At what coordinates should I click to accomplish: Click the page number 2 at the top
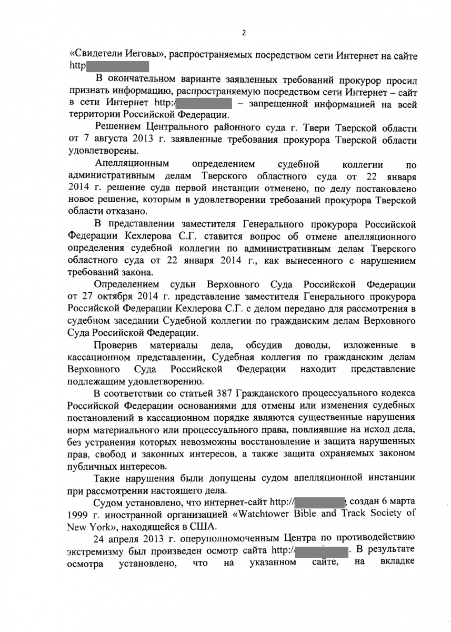point(244,33)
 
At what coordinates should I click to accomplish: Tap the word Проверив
point(116,345)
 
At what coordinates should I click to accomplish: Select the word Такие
point(107,478)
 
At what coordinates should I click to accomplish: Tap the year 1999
point(78,514)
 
